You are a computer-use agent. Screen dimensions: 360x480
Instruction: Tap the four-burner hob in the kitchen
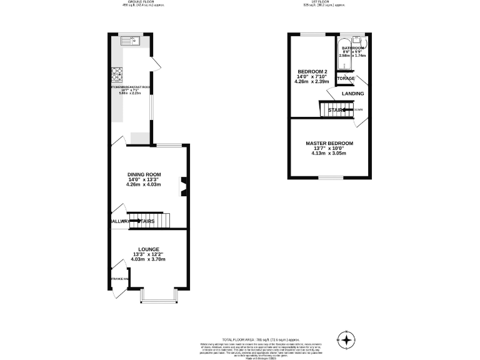[117, 75]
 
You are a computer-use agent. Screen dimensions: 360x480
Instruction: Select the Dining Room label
[144, 174]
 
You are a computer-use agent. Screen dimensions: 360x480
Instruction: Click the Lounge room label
[149, 249]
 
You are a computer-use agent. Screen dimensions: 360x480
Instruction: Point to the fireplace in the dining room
[184, 187]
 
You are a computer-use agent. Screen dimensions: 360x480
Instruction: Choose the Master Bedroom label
[329, 143]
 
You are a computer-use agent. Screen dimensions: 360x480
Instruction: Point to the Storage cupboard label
[345, 78]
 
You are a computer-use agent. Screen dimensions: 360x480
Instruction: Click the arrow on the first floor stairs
[346, 110]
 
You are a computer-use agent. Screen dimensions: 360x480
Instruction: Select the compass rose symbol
[345, 339]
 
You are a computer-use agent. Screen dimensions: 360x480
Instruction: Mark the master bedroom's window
[329, 177]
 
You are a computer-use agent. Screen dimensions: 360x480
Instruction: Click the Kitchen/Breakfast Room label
[130, 87]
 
